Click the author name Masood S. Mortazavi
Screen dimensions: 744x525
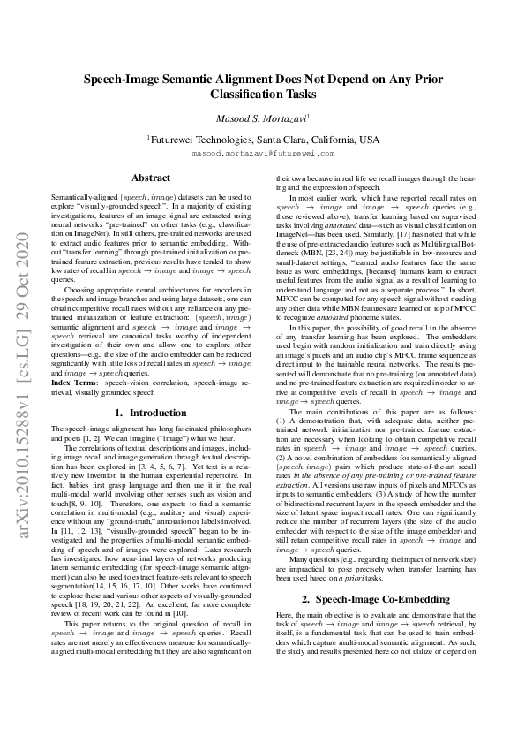262,118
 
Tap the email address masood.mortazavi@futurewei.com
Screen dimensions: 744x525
262,153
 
